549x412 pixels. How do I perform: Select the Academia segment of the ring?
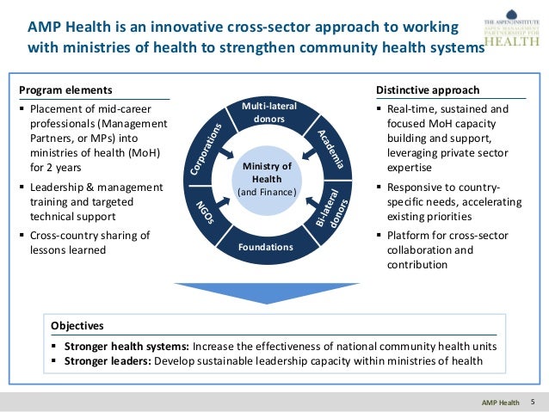coord(331,147)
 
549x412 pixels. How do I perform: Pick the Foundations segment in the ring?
coord(266,248)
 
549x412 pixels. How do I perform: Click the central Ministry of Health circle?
coord(267,179)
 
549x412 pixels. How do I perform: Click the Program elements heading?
coord(54,90)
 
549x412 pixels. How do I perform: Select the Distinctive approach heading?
coord(428,90)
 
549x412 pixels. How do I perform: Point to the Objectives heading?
coord(77,327)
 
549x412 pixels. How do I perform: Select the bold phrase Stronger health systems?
coord(126,346)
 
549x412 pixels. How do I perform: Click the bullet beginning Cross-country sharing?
coord(84,243)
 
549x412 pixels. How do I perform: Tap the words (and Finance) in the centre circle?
coord(267,192)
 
